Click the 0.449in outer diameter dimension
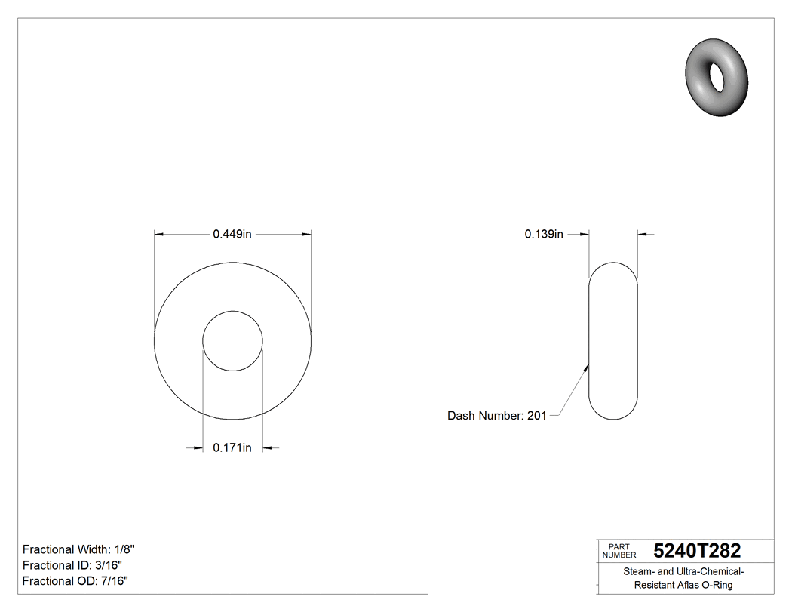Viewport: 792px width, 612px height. [x=232, y=235]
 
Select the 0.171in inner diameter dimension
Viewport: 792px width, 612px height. [x=232, y=448]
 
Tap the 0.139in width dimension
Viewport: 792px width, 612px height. [x=544, y=235]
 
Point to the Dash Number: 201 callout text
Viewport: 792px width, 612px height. [x=496, y=416]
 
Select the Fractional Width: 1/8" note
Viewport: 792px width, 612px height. [x=79, y=550]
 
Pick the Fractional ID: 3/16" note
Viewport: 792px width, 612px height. [x=72, y=565]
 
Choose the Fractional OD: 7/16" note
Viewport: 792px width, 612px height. [x=75, y=581]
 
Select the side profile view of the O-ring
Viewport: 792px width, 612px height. [x=613, y=340]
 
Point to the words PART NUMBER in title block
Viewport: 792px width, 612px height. [x=619, y=551]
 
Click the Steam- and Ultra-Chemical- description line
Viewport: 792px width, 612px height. [x=683, y=571]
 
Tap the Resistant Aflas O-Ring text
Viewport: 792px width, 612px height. [x=683, y=585]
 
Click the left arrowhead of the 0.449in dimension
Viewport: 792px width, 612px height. [x=158, y=235]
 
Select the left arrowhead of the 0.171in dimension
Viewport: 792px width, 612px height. [x=198, y=448]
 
